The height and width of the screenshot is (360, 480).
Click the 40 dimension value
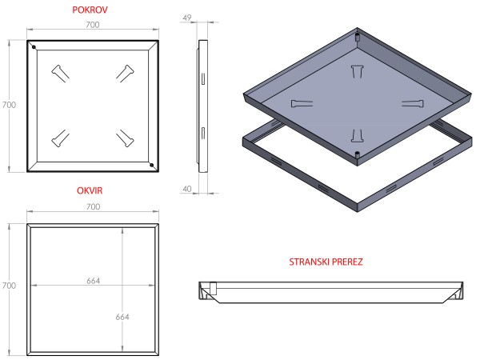click(x=187, y=190)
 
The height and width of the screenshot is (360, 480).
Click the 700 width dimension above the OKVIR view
click(x=92, y=207)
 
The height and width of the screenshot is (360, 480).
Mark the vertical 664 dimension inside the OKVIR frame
click(x=122, y=316)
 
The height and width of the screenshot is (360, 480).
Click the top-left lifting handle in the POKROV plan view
click(x=60, y=73)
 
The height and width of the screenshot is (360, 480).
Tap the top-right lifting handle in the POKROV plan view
click(x=125, y=73)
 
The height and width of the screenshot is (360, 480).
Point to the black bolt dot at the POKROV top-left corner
click(x=34, y=47)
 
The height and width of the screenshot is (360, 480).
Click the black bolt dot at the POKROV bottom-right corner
click(x=150, y=165)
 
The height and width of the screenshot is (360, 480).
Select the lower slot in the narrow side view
click(x=203, y=130)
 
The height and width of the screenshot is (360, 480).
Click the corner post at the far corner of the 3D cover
click(x=356, y=37)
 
